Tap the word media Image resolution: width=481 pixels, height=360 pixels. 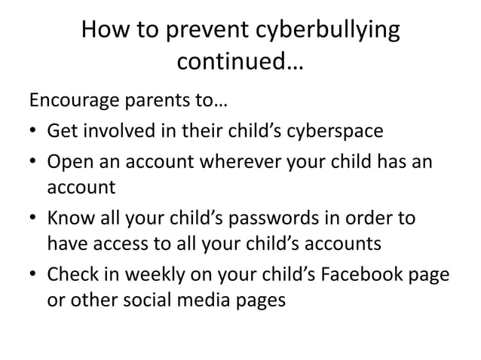pyautogui.click(x=195, y=299)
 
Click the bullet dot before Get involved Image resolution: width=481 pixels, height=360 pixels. pyautogui.click(x=34, y=133)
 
